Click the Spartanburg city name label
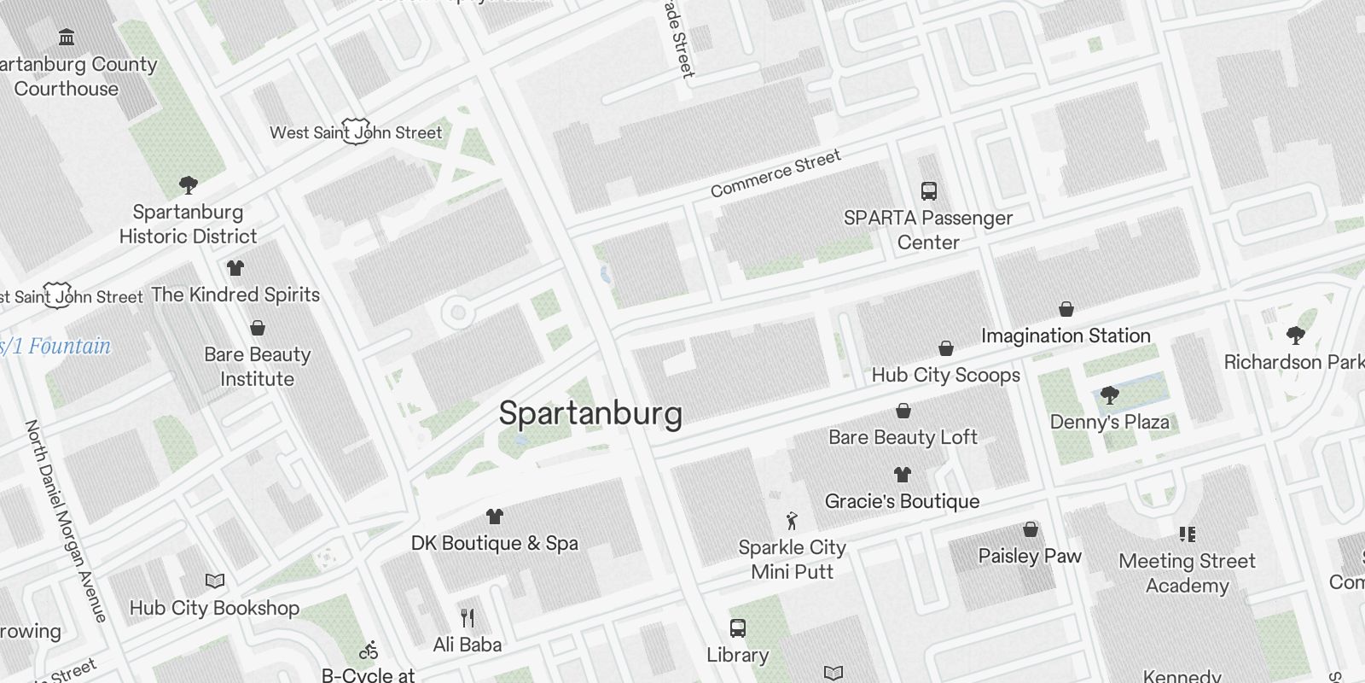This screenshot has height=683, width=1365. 590,413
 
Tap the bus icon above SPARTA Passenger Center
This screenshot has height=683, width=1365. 928,191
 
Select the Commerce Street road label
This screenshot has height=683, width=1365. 775,173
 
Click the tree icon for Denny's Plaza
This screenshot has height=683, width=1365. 1109,394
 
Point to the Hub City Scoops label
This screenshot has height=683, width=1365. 945,375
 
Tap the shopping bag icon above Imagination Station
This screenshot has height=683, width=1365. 1066,309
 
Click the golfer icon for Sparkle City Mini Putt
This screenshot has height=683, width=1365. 792,520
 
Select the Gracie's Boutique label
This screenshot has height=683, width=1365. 902,501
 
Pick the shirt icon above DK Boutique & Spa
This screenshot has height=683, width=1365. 494,516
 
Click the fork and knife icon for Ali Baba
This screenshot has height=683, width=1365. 467,617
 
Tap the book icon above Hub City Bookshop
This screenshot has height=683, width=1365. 215,581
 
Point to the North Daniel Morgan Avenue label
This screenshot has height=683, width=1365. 66,520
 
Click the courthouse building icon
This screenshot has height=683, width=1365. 67,37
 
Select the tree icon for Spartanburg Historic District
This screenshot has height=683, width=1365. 189,184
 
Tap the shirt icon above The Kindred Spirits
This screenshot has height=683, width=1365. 235,268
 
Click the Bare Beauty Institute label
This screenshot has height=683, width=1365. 257,366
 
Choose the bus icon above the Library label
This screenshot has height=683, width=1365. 738,628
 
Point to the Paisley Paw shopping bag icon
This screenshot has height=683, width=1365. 1030,529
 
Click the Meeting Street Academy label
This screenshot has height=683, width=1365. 1187,573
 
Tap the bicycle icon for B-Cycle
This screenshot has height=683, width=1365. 369,651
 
